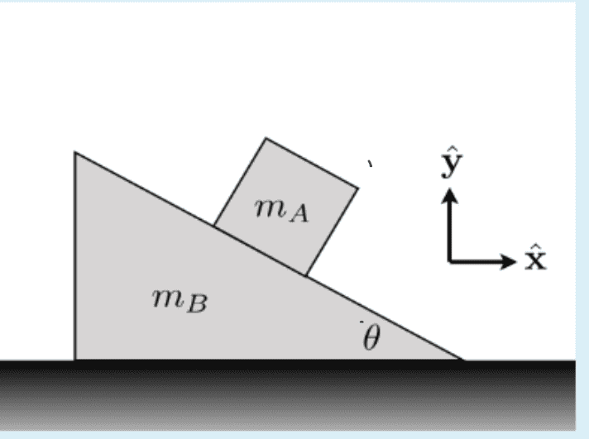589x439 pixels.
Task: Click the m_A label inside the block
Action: [281, 211]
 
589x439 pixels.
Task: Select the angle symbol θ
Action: [371, 337]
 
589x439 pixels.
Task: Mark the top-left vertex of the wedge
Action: [75, 153]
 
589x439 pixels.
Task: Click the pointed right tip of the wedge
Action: [462, 360]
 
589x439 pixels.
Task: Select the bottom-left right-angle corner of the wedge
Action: [75, 360]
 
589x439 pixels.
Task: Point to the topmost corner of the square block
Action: [266, 138]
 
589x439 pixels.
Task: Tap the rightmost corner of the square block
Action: [358, 188]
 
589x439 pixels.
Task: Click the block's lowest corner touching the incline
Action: [306, 275]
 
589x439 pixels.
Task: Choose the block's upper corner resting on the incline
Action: [214, 226]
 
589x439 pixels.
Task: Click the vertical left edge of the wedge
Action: [75, 256]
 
